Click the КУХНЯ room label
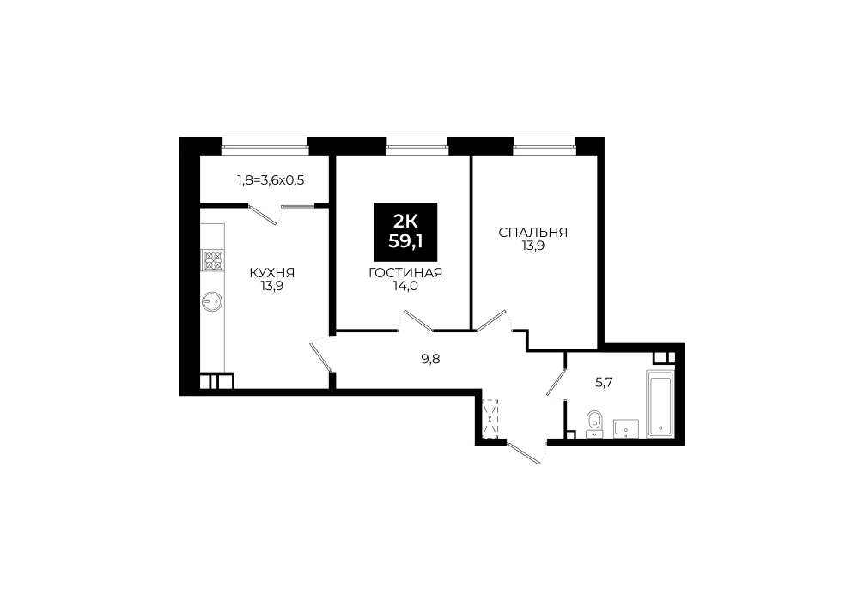point(272,273)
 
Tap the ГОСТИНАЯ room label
point(405,273)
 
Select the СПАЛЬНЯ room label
point(532,233)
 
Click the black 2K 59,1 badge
point(405,232)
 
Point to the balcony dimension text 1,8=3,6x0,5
point(271,179)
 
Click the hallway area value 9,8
point(431,360)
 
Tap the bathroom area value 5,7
point(605,382)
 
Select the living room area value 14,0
point(405,286)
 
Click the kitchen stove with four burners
point(213,260)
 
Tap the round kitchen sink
point(212,300)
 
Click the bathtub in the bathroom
point(660,404)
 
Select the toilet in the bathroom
point(593,424)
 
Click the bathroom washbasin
point(626,428)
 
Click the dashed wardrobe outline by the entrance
point(490,419)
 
